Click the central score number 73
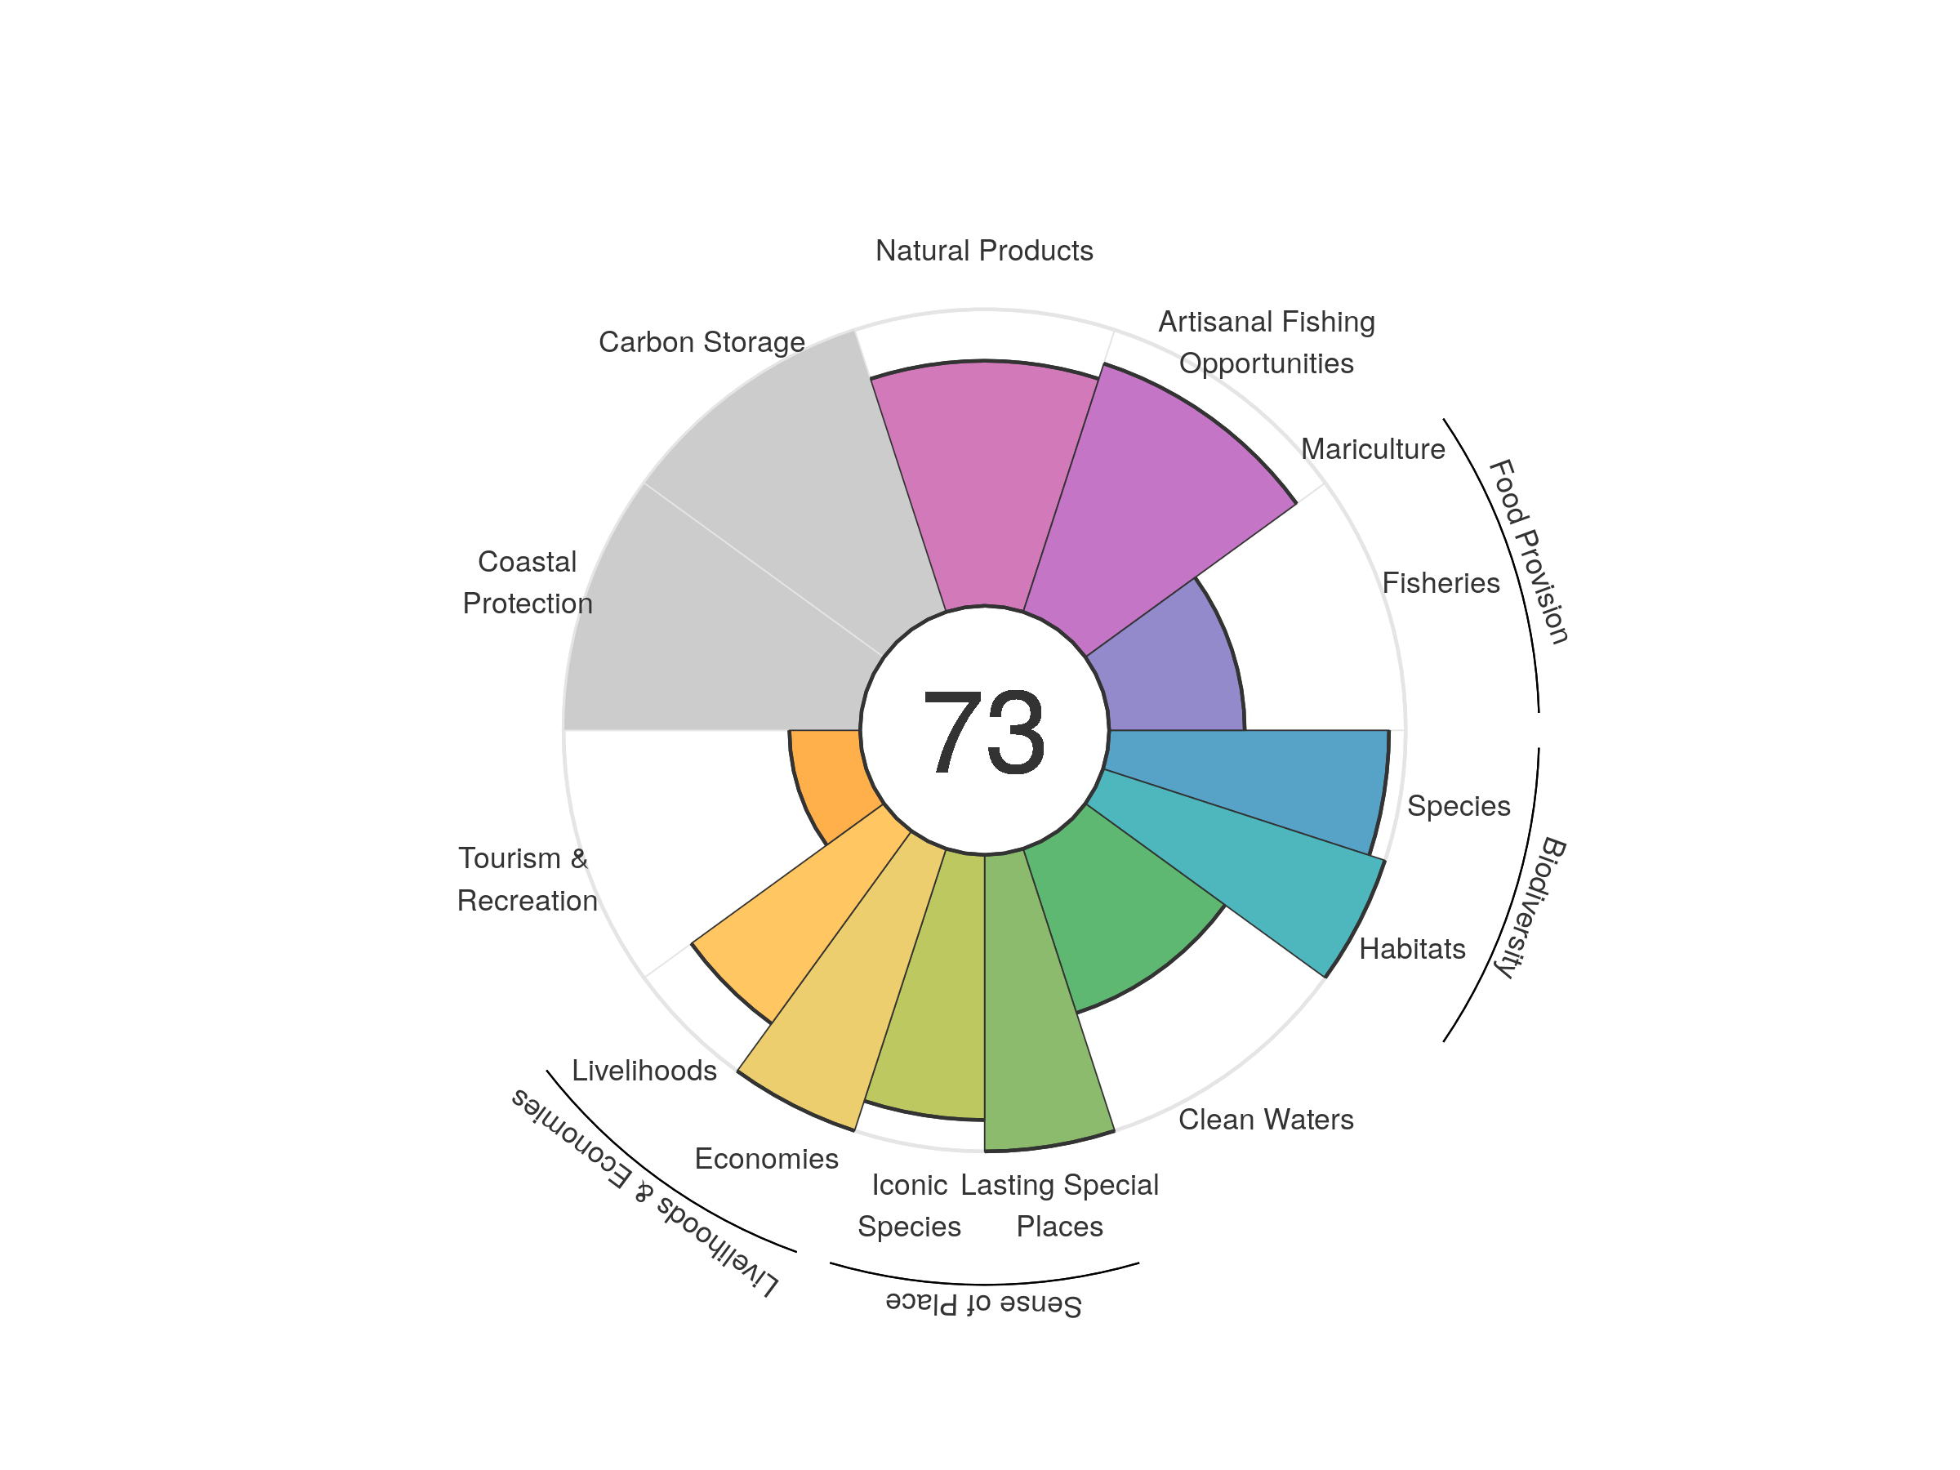tap(983, 732)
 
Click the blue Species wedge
tap(1249, 780)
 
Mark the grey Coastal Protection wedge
tap(709, 638)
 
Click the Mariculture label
tap(1373, 449)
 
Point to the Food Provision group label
tap(1529, 551)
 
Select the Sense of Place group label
tap(983, 1304)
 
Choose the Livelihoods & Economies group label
tap(644, 1193)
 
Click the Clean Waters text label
tap(1265, 1120)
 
